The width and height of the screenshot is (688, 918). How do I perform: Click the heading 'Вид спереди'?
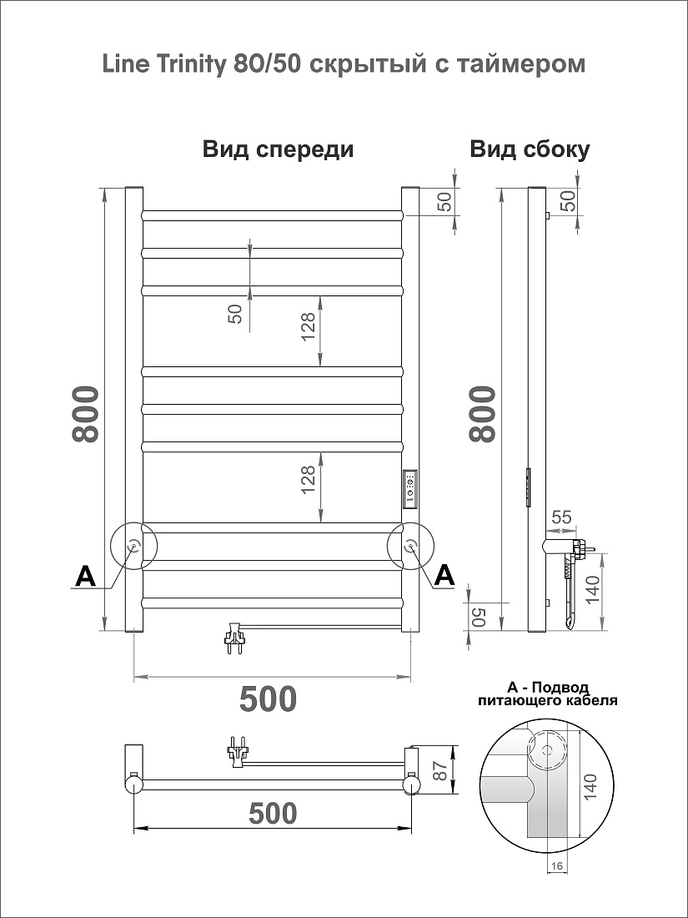pyautogui.click(x=278, y=149)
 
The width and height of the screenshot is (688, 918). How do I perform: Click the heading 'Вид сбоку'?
pyautogui.click(x=530, y=149)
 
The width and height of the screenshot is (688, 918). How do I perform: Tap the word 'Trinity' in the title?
pyautogui.click(x=190, y=65)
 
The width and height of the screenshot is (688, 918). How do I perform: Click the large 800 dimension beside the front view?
pyautogui.click(x=83, y=413)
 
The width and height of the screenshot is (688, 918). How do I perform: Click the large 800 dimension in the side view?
pyautogui.click(x=482, y=413)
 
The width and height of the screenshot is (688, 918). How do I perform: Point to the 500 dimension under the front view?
pyautogui.click(x=268, y=698)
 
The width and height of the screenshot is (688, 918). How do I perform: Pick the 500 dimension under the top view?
pyautogui.click(x=274, y=813)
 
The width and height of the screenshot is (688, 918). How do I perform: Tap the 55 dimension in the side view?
pyautogui.click(x=561, y=517)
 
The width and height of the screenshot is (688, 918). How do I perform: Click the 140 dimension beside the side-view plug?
pyautogui.click(x=592, y=592)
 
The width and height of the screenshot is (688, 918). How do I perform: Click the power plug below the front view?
pyautogui.click(x=234, y=639)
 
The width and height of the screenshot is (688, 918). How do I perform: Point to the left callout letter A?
pyautogui.click(x=85, y=576)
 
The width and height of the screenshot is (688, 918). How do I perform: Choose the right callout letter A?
pyautogui.click(x=444, y=576)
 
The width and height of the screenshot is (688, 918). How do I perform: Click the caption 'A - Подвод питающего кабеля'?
pyautogui.click(x=547, y=694)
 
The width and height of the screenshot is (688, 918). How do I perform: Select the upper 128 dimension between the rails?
pyautogui.click(x=309, y=326)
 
